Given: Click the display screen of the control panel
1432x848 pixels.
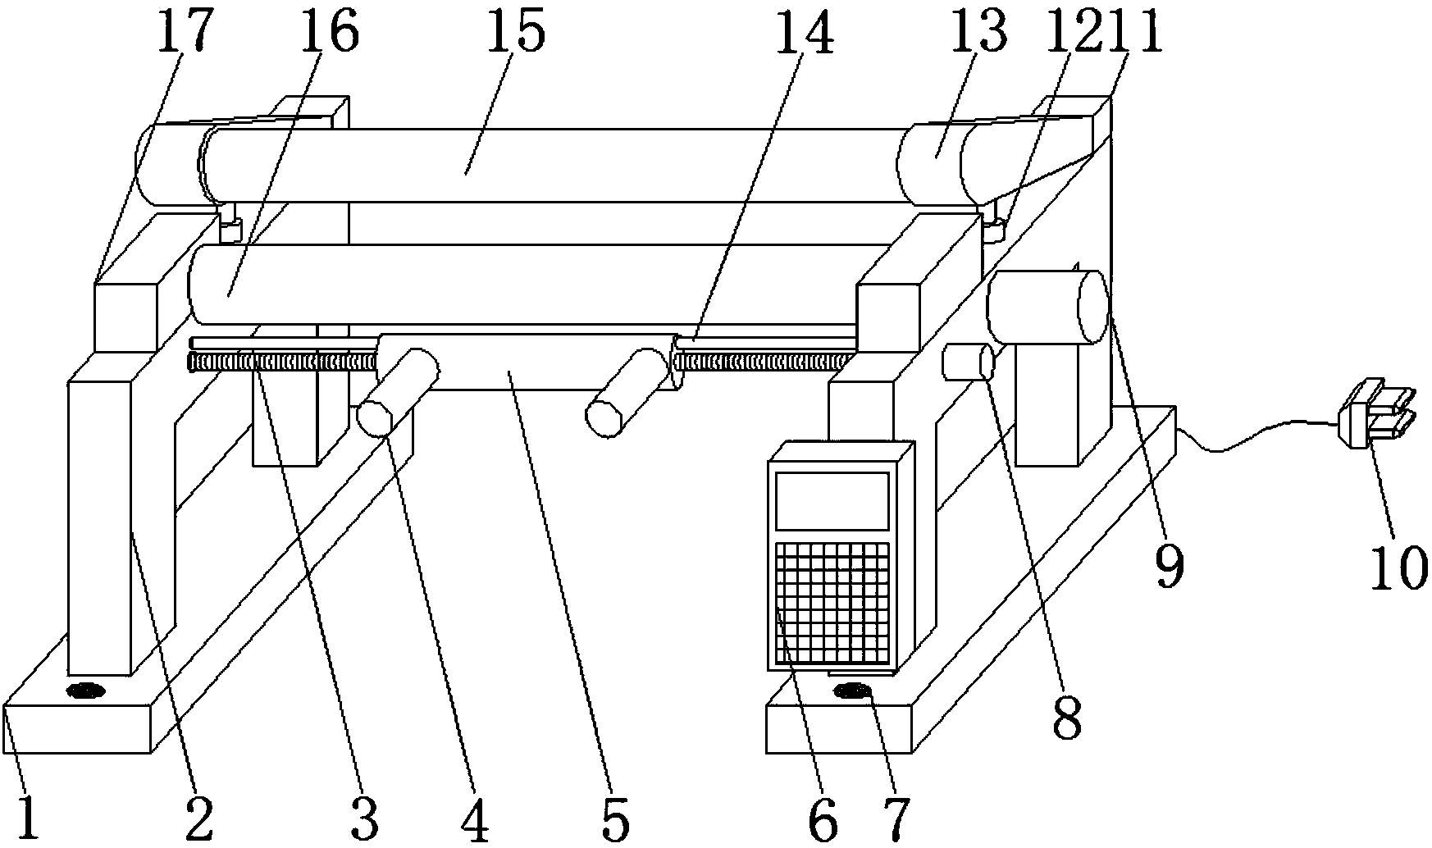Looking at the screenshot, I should (x=833, y=500).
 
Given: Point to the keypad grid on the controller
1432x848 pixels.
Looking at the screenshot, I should (x=833, y=603).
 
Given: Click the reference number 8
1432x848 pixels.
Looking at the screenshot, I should (x=1066, y=718).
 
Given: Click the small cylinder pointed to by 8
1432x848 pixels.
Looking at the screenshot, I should (x=968, y=362).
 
